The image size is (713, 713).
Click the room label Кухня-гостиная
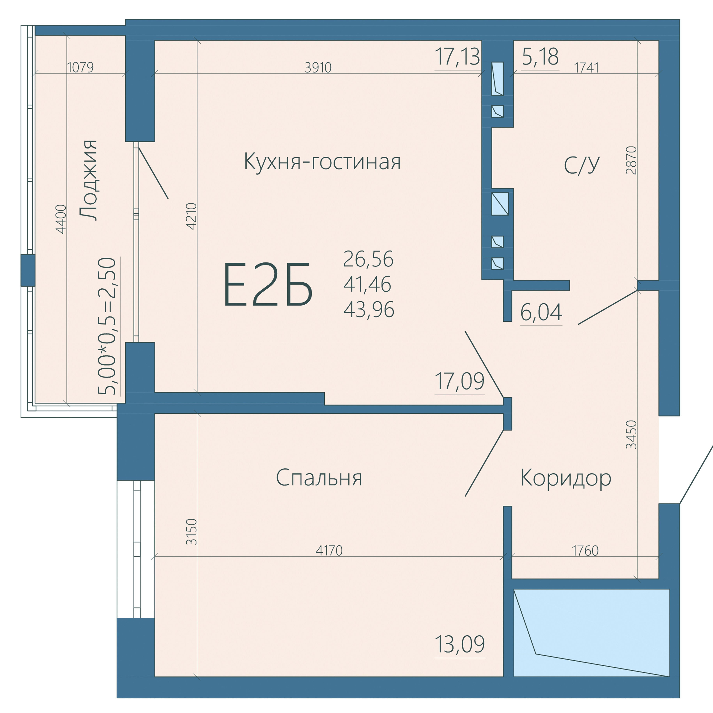322,162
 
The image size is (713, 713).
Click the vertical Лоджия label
89,180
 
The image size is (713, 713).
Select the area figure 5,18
540,57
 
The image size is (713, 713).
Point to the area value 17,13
458,57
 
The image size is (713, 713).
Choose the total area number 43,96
369,309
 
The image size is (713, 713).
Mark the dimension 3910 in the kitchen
318,67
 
